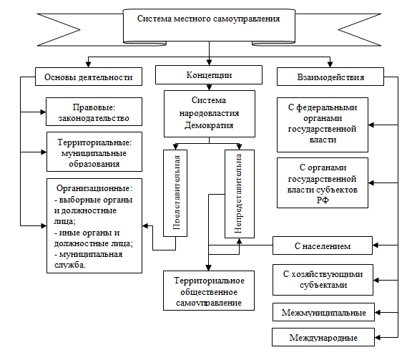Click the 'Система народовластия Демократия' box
point(210,113)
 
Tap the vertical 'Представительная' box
point(176,193)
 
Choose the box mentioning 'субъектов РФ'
point(322,183)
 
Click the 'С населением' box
point(322,246)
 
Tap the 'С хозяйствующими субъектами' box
point(322,280)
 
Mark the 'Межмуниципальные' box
point(323,313)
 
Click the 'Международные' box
point(323,336)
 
